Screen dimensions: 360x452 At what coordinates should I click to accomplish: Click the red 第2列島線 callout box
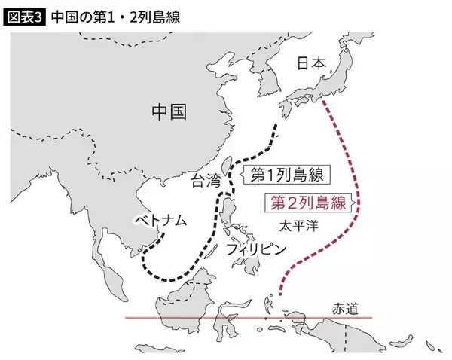[306, 202]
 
